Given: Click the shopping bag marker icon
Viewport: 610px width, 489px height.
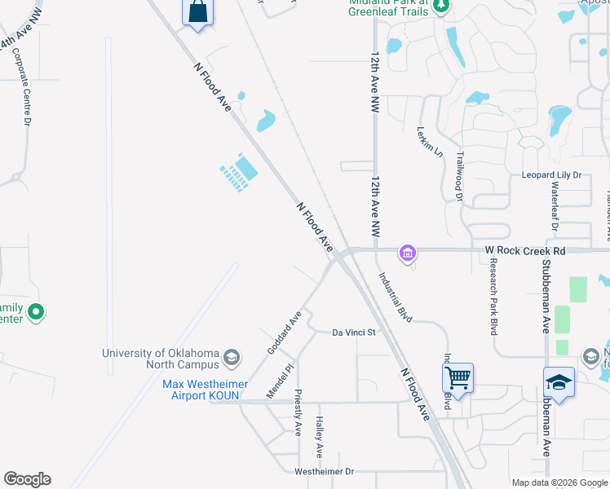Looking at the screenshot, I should point(197,12).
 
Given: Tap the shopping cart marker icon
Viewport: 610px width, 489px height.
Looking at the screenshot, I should point(457,377).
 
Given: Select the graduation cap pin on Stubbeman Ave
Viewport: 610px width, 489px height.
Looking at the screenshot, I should point(559,381).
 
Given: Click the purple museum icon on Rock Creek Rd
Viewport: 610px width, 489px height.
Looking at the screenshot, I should point(407,253).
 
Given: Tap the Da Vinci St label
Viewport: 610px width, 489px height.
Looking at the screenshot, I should point(353,333).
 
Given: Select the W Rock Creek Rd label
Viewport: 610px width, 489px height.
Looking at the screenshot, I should point(524,251).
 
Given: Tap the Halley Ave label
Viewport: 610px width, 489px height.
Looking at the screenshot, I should point(320,438).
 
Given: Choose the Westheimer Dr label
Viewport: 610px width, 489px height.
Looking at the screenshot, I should point(324,472).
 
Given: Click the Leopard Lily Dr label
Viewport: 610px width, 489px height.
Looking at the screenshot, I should point(551,175).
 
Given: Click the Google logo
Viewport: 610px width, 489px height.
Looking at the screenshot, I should point(27,479).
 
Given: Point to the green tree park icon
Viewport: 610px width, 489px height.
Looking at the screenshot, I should point(441,7).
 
